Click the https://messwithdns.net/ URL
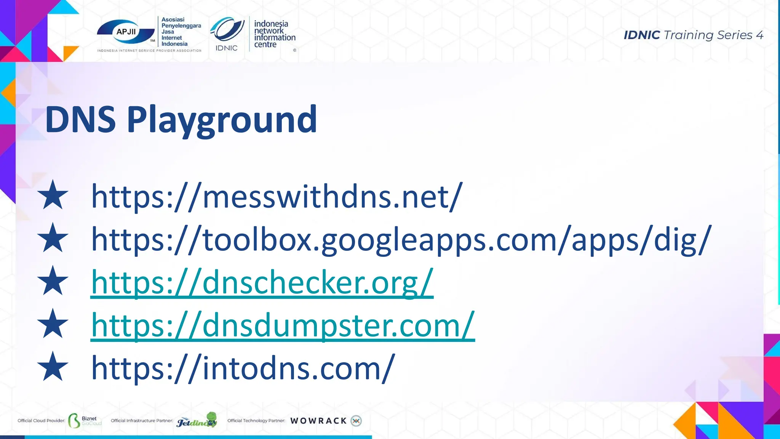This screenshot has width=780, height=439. [x=277, y=197]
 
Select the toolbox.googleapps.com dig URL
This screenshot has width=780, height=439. [x=401, y=240]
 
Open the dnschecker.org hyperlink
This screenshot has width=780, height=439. [x=262, y=282]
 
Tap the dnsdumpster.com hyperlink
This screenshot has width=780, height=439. [x=283, y=325]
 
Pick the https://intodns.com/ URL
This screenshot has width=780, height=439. [x=243, y=368]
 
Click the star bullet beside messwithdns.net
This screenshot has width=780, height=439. [x=53, y=195]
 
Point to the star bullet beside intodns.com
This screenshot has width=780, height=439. [x=53, y=367]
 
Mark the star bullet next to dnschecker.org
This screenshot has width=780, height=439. [x=53, y=281]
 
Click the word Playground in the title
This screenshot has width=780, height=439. [x=222, y=120]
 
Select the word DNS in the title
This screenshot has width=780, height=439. [x=80, y=120]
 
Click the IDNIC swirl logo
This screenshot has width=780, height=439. [x=227, y=30]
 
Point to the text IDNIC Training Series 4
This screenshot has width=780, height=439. [x=693, y=35]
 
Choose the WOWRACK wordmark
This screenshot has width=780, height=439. [x=318, y=421]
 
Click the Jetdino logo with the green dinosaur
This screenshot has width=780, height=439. [x=197, y=420]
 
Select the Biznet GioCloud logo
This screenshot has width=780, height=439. [x=85, y=420]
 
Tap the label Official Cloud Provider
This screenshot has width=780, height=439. [x=41, y=421]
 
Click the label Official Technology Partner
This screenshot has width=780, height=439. [x=256, y=421]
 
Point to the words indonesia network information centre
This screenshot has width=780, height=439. [x=274, y=34]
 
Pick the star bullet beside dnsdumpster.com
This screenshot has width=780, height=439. [x=53, y=324]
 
